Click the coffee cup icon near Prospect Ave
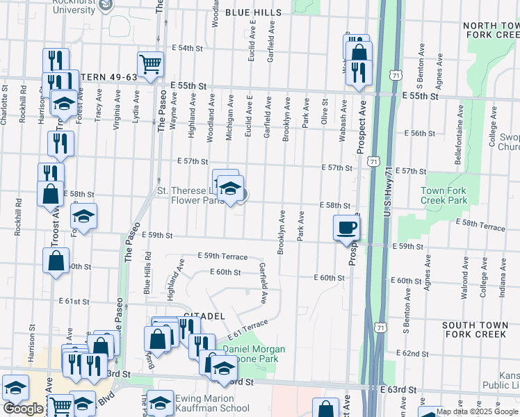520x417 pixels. pyautogui.click(x=346, y=227)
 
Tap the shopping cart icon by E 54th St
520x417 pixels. pyautogui.click(x=150, y=64)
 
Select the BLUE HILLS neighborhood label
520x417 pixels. pyautogui.click(x=253, y=13)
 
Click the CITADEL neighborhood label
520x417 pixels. pyautogui.click(x=204, y=316)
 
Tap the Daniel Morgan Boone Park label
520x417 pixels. pyautogui.click(x=259, y=354)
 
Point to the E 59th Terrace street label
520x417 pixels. pyautogui.click(x=222, y=256)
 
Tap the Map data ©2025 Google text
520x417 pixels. pyautogui.click(x=477, y=411)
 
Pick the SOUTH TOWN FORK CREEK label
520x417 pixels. pyautogui.click(x=479, y=329)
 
